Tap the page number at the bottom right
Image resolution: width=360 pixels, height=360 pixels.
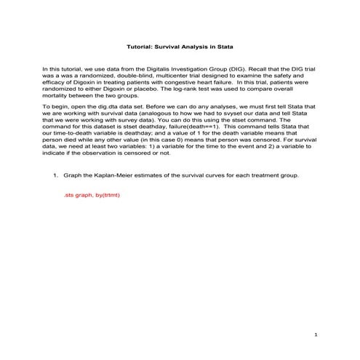[316, 334]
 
